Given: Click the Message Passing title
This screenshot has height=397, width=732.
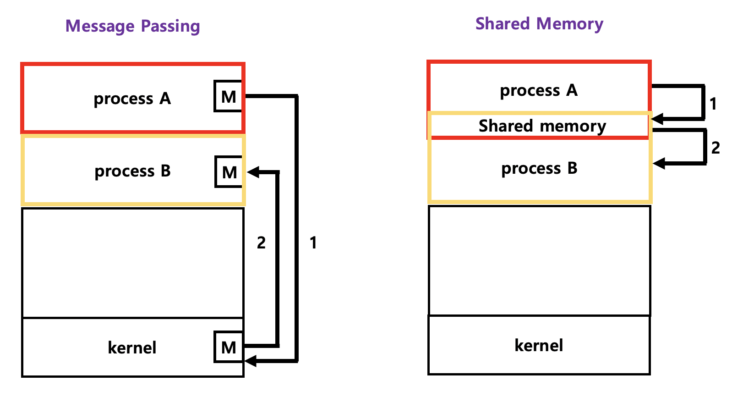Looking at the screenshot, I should click(x=132, y=26).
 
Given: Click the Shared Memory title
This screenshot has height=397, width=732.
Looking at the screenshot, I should click(x=539, y=23).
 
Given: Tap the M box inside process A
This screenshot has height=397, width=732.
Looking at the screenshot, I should click(x=228, y=96).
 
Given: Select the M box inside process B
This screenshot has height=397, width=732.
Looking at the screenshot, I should click(x=229, y=172).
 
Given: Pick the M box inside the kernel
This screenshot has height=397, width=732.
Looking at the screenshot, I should click(x=228, y=347).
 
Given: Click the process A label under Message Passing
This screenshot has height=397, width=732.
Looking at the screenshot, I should click(x=132, y=99).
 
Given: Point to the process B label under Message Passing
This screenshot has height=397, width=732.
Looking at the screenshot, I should click(x=132, y=171).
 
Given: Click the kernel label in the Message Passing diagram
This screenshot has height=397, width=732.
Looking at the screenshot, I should click(x=132, y=347).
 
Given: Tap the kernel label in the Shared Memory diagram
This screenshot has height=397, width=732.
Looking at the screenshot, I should click(x=539, y=345).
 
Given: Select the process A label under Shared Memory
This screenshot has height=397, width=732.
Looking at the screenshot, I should click(x=539, y=90).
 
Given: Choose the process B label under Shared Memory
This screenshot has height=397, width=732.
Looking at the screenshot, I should click(x=539, y=168).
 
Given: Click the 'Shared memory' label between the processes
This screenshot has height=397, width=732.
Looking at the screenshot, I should click(x=542, y=126).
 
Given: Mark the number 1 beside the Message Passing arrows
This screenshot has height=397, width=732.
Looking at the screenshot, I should click(x=313, y=243).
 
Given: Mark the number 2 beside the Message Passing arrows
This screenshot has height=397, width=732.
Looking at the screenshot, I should click(x=261, y=243).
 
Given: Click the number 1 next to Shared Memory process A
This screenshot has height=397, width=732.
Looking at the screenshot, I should click(x=713, y=104).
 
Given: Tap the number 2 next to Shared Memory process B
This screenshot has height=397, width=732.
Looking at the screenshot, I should click(x=716, y=148).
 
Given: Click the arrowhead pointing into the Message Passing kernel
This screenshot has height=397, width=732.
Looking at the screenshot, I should click(x=250, y=361).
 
